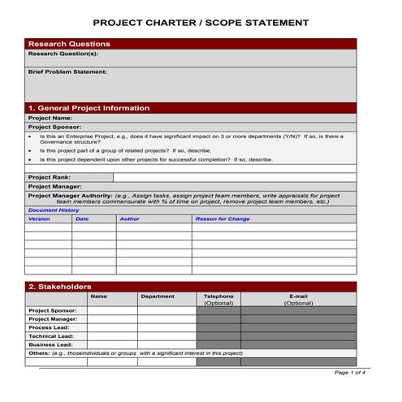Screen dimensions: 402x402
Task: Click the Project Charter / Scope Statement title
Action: coord(201,24)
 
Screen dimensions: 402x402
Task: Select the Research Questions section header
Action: coord(69,44)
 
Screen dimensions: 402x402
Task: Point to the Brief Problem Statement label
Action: coord(67,71)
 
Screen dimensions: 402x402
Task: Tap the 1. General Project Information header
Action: coord(89,108)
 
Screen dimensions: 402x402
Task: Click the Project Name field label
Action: coord(50,118)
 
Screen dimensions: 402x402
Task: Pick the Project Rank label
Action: coord(50,177)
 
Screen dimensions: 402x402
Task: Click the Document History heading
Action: coord(54,210)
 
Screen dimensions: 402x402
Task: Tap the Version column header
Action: coord(39,218)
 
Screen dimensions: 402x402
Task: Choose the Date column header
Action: coord(82,218)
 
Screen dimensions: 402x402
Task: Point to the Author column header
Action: coord(129,218)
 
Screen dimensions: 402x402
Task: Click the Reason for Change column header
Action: coord(223,218)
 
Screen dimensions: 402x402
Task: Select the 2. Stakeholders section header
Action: coord(60,287)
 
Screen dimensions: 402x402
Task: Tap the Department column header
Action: coord(158,296)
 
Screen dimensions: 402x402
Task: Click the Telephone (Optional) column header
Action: coord(218,300)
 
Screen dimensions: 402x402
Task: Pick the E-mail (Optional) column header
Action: coord(298,300)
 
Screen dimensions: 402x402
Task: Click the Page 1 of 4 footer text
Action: coord(350,372)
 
